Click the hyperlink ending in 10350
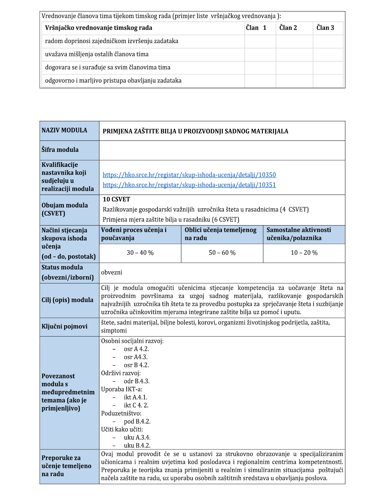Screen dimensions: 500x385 tap(189, 175)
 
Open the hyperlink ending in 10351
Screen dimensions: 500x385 tap(189, 185)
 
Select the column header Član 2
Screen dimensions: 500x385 tap(288, 28)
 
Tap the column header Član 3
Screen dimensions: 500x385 tap(325, 28)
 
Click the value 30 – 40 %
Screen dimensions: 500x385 tap(140, 253)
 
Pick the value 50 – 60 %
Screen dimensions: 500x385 tap(222, 253)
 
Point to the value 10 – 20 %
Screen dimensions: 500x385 tap(304, 253)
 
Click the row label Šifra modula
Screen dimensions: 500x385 tap(60, 150)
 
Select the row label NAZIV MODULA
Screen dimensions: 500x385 tap(64, 130)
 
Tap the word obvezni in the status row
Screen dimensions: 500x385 tap(112, 273)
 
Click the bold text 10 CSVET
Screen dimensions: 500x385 tap(116, 199)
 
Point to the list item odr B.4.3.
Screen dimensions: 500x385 tap(137, 381)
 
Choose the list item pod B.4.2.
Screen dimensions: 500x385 tap(137, 422)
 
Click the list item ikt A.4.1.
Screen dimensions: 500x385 tap(136, 397)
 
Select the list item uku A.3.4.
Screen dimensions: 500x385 tap(137, 438)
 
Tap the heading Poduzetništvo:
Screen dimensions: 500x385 tap(121, 414)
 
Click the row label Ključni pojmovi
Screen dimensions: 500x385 tap(64, 327)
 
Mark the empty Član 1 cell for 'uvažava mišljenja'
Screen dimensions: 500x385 tap(260, 55)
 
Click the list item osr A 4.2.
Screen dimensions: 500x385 tap(136, 349)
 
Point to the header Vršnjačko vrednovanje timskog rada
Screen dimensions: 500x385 tap(99, 28)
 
